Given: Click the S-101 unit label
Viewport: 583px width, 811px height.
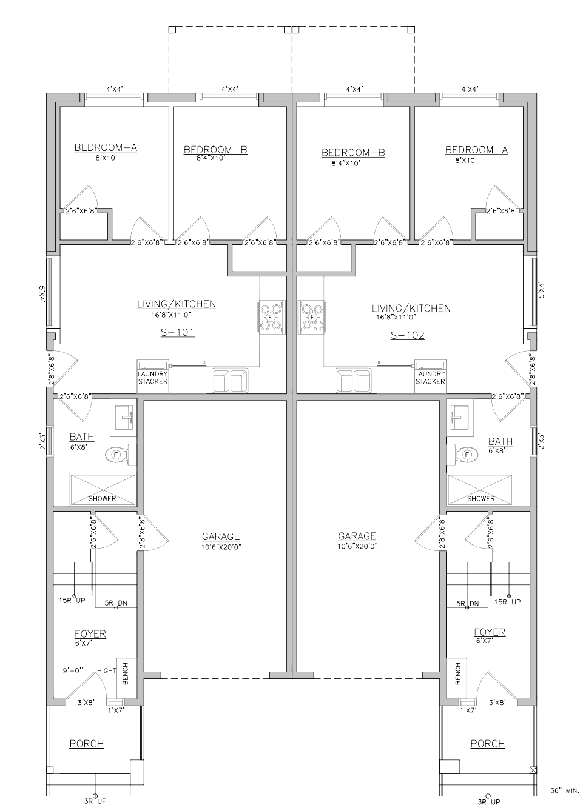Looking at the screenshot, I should coord(178,332).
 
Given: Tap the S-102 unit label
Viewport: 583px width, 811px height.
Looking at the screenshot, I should coord(408,335).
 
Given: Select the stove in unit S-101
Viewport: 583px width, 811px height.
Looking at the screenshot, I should coord(271,317).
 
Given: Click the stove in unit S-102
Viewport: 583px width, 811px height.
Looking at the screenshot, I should coord(312,317).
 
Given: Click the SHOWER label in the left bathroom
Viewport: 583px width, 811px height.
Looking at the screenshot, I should coord(103,499).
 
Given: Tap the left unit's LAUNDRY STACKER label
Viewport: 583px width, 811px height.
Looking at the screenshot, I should coord(153,378).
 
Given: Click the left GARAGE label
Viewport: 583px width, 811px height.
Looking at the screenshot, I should coord(221,536).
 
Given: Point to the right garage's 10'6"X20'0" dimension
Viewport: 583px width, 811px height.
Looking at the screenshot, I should coord(357,546).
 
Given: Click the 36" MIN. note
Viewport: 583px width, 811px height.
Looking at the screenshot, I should coord(565,790).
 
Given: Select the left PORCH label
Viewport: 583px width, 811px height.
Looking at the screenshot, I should coord(86,744).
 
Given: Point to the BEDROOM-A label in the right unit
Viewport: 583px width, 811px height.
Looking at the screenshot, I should coord(476,150).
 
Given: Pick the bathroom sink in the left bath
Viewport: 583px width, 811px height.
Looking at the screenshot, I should coord(125,417).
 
